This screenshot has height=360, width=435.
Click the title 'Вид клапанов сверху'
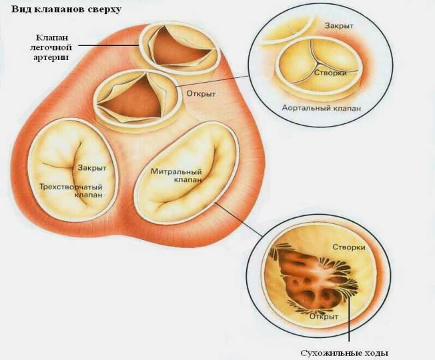point(66,9)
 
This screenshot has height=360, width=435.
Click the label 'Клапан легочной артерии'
point(51,47)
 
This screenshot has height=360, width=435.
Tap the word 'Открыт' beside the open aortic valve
point(201,94)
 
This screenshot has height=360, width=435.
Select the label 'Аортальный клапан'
point(322,108)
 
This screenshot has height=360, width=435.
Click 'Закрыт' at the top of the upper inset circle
point(339,26)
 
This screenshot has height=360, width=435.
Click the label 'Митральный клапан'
point(176,175)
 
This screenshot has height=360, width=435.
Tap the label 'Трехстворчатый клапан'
point(71,191)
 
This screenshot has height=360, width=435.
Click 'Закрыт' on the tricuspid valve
point(92,168)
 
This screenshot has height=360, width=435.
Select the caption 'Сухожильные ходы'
point(344,353)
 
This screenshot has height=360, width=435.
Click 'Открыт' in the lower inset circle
point(324,317)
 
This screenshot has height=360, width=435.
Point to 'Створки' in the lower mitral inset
point(349,247)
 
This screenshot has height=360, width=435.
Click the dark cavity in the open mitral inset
point(308,280)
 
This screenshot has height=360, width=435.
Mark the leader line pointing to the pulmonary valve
point(109,45)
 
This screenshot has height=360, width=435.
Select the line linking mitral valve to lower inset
point(239,219)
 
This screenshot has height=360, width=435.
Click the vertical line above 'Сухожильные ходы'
point(348,319)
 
